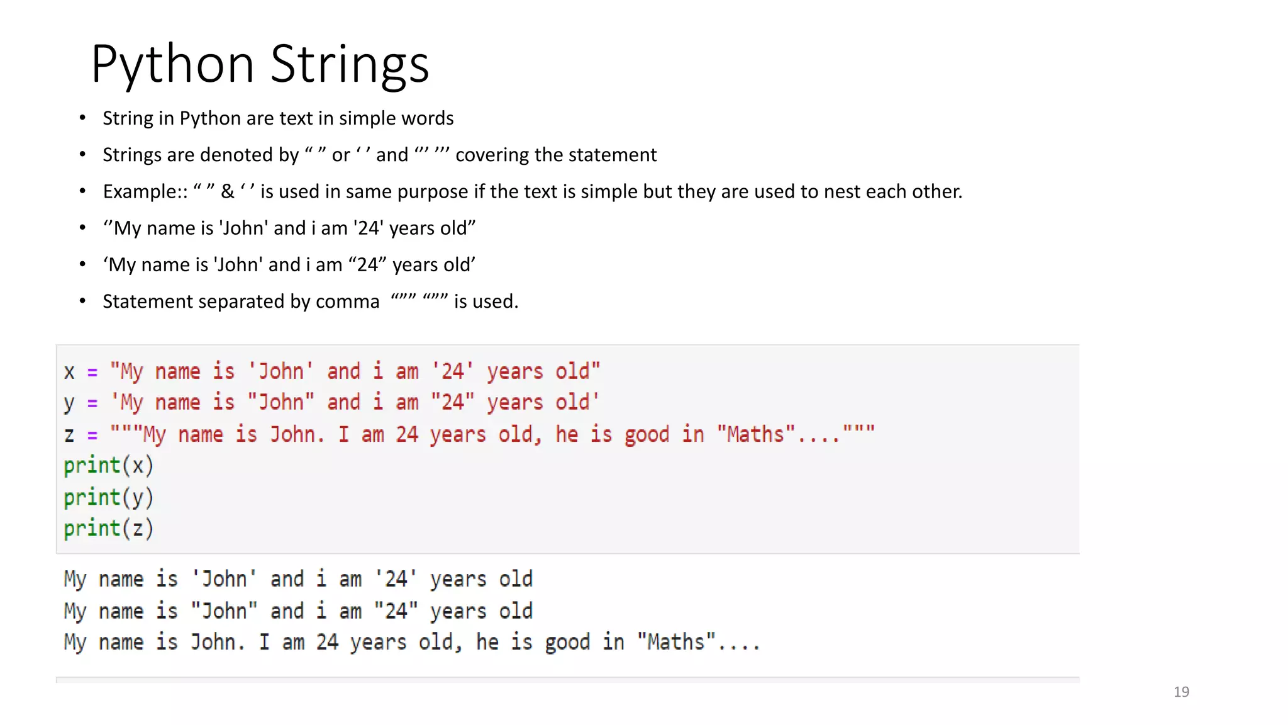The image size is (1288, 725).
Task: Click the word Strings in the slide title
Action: (x=350, y=64)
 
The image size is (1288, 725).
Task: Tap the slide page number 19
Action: (x=1181, y=692)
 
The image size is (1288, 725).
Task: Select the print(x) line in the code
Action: (x=108, y=466)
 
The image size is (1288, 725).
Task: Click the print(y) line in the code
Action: (x=108, y=497)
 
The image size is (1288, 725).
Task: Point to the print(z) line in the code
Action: (x=108, y=529)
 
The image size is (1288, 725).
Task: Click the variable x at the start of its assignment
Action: (x=69, y=372)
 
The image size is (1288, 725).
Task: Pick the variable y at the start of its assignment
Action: (x=69, y=403)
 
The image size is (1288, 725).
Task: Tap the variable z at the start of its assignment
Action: (x=69, y=435)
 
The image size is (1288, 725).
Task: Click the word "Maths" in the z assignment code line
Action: (x=756, y=434)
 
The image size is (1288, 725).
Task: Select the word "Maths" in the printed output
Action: (x=675, y=642)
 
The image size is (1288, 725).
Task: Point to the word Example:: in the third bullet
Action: (x=145, y=191)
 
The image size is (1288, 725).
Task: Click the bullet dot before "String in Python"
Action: (x=82, y=118)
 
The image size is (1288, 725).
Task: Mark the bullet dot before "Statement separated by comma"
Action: (x=82, y=301)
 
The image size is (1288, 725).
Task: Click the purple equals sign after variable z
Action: (x=92, y=436)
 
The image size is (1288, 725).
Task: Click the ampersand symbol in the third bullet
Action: (x=227, y=191)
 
